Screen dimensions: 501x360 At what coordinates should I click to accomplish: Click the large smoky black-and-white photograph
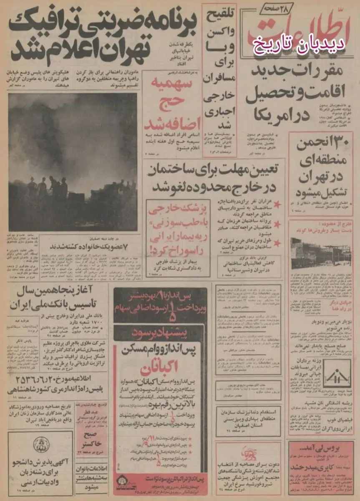(73, 162)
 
